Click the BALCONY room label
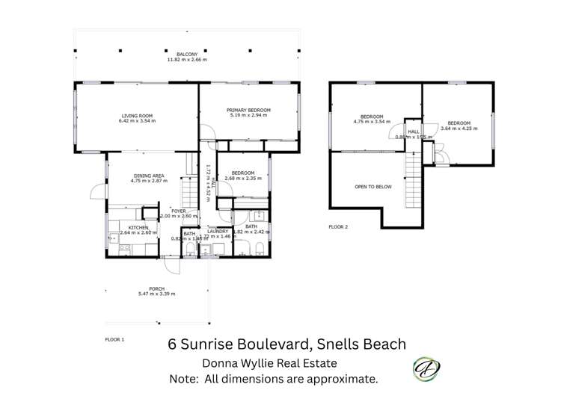click(x=187, y=54)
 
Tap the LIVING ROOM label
click(x=137, y=116)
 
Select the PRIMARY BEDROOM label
click(x=248, y=110)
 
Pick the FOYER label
click(x=178, y=211)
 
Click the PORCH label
click(x=156, y=288)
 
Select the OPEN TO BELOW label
click(x=373, y=187)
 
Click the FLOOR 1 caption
click(x=114, y=338)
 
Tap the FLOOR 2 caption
click(x=338, y=226)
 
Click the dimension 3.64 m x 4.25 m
click(x=459, y=129)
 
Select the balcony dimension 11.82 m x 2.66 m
click(x=187, y=60)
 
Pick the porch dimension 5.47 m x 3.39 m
click(x=156, y=294)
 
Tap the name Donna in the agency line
click(x=222, y=364)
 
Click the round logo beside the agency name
click(x=428, y=368)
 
